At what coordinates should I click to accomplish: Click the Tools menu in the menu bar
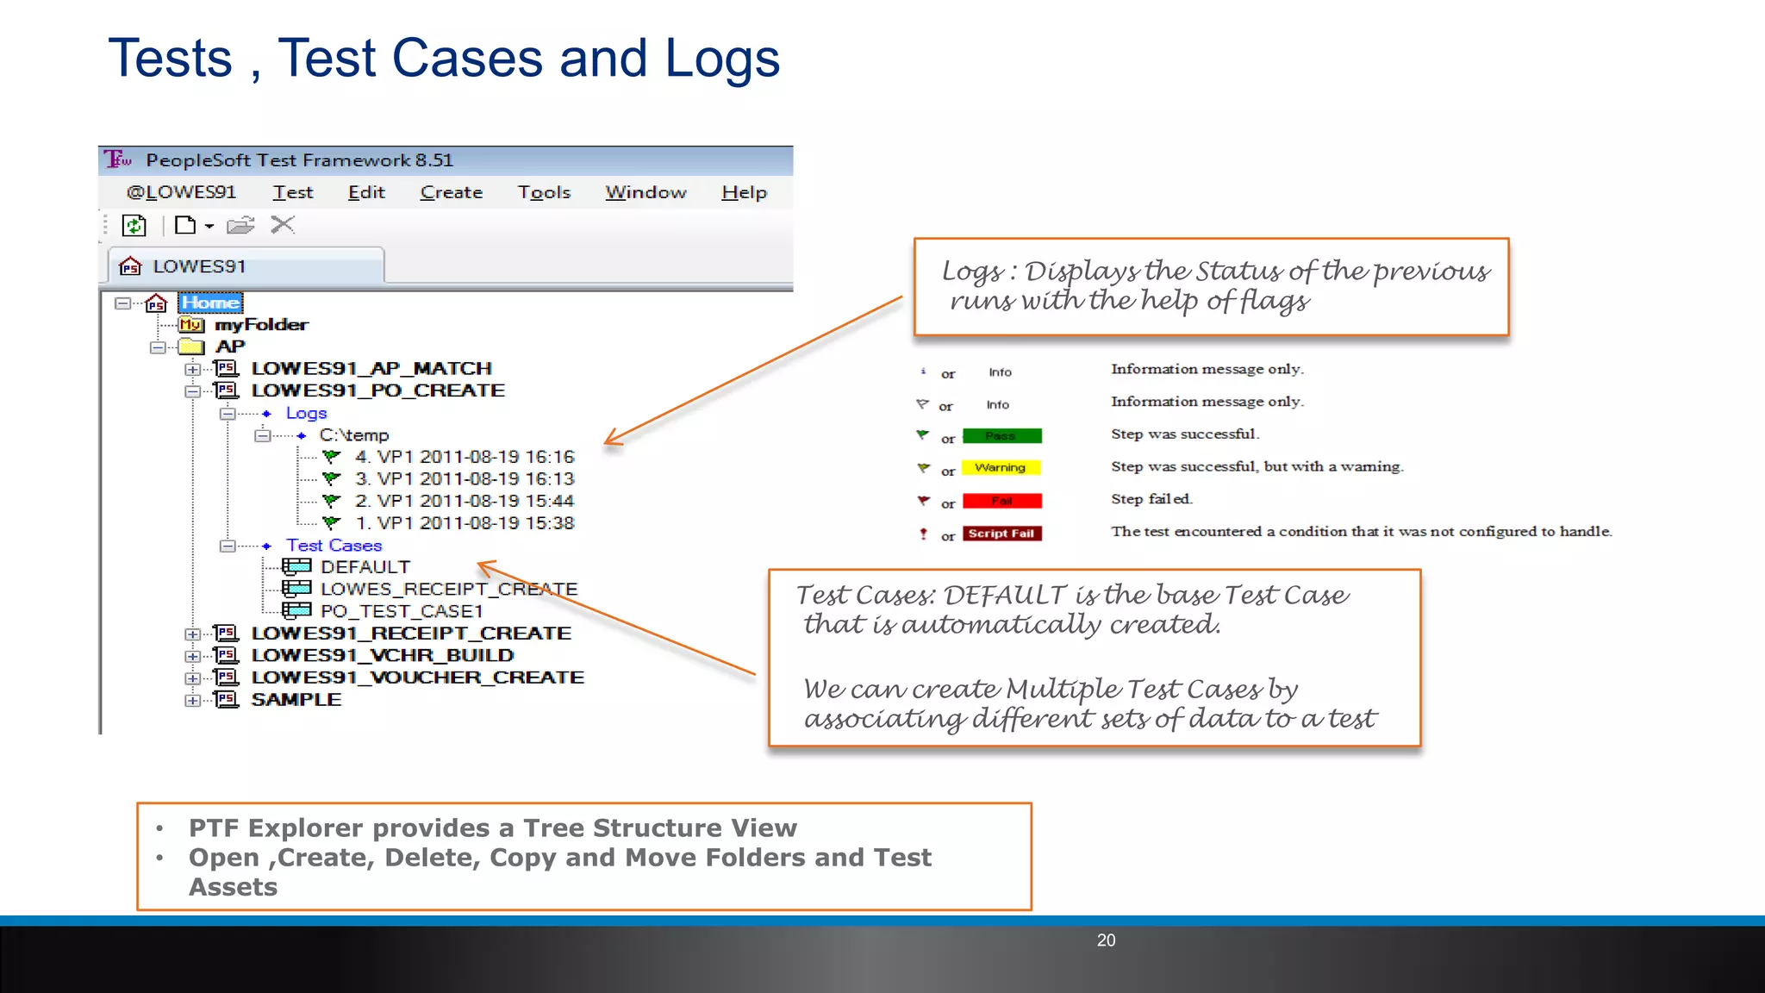[x=544, y=192]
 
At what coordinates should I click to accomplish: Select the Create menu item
[x=451, y=192]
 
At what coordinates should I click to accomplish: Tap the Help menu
[x=744, y=192]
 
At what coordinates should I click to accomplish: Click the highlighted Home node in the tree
[x=210, y=303]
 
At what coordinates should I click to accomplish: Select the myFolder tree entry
[x=260, y=325]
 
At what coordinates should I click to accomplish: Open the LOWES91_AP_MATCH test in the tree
[x=371, y=369]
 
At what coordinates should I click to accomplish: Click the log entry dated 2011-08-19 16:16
[x=464, y=457]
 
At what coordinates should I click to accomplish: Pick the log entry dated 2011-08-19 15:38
[x=464, y=523]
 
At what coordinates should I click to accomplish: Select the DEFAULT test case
[x=365, y=567]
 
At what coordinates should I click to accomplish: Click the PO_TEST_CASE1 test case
[x=401, y=611]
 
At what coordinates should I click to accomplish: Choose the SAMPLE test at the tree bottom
[x=296, y=700]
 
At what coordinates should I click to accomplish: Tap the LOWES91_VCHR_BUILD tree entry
[x=382, y=656]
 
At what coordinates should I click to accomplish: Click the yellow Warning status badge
[x=1001, y=468]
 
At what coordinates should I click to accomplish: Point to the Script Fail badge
[x=1001, y=534]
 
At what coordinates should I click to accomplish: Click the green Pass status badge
[x=1001, y=436]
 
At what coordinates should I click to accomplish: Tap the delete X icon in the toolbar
[x=283, y=226]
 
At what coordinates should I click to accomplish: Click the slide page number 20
[x=1106, y=940]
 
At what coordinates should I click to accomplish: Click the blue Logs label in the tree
[x=306, y=414]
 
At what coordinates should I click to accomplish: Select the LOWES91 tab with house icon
[x=198, y=266]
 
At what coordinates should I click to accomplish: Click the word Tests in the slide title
[x=170, y=59]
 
